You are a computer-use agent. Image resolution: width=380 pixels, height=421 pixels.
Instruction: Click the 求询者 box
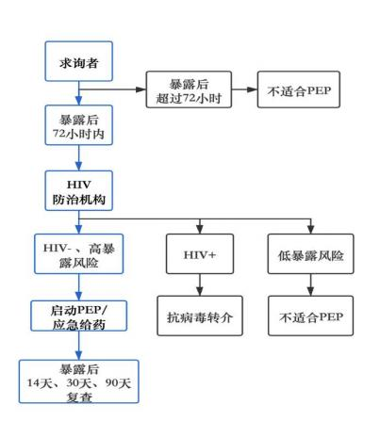coord(78,61)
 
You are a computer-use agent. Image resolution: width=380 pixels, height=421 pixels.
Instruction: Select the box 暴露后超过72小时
coord(189,89)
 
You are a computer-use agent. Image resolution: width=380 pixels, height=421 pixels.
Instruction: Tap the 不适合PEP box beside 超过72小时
coord(299,89)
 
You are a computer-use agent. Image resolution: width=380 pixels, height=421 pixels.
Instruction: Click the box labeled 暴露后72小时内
coord(78,125)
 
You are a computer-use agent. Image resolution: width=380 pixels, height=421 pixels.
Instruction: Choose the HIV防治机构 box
coord(78,190)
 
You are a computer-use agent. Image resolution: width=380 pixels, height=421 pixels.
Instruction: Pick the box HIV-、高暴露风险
coord(78,253)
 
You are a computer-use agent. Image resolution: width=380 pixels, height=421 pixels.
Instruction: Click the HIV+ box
coord(200,253)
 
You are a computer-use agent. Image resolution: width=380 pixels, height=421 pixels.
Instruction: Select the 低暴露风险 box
coord(310,253)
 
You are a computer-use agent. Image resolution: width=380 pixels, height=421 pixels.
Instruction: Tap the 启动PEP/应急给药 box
coord(78,316)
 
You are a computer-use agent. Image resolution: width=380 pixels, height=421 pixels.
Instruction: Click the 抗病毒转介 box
coord(200,316)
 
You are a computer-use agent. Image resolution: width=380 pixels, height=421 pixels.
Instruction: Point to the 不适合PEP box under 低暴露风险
coord(310,316)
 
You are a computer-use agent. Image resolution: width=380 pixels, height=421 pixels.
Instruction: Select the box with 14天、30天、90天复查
coord(78,381)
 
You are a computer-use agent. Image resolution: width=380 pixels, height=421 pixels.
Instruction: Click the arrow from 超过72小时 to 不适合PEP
coord(244,89)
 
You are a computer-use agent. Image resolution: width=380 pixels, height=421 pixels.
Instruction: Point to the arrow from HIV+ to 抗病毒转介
coord(200,284)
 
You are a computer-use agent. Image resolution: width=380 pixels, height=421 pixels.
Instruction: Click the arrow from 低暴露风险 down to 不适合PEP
coord(310,284)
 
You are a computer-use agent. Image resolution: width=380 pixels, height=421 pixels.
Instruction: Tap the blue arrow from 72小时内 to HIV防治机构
coord(78,158)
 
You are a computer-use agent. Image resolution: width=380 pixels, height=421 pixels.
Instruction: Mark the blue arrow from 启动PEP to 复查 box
coord(78,346)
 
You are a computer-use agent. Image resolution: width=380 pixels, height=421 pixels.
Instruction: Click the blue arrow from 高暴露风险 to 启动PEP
coord(78,287)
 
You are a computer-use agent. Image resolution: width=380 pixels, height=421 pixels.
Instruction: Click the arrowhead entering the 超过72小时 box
coord(140,89)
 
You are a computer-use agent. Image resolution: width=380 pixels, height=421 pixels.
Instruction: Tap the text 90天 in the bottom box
coord(118,383)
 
